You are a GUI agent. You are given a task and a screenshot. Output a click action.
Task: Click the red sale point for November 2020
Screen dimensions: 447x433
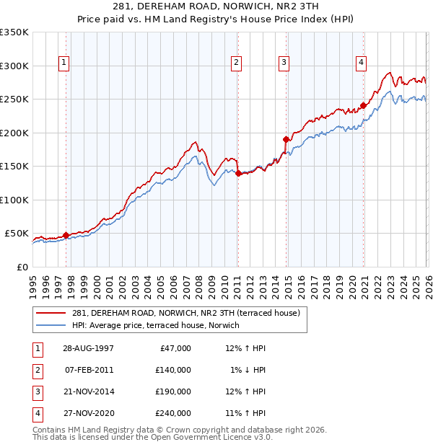(x=364, y=106)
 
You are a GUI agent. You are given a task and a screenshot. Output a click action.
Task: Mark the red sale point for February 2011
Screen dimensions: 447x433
(x=238, y=173)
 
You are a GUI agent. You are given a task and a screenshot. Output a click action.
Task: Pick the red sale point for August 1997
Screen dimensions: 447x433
(x=66, y=235)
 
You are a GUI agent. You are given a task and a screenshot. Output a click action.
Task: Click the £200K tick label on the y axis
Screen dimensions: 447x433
(x=14, y=133)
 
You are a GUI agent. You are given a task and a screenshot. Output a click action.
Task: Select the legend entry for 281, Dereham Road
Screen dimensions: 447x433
(x=190, y=312)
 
